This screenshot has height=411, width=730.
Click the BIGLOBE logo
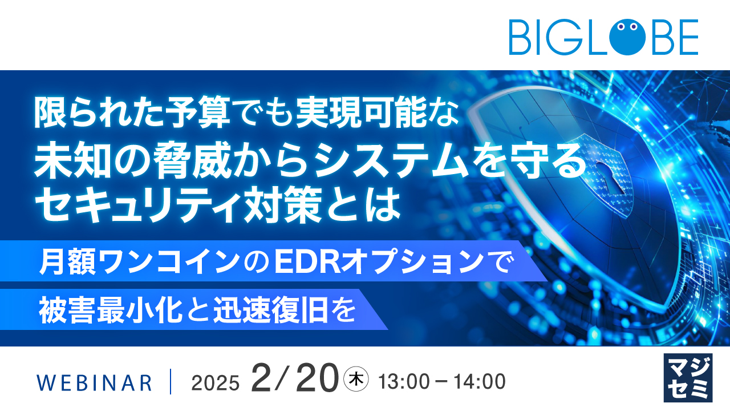603,37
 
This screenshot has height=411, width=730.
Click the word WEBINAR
94,382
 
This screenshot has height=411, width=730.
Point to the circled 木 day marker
356,378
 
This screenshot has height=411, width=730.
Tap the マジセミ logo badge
688,377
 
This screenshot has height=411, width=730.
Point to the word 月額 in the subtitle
61,263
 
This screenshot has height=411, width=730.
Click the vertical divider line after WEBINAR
171,382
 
